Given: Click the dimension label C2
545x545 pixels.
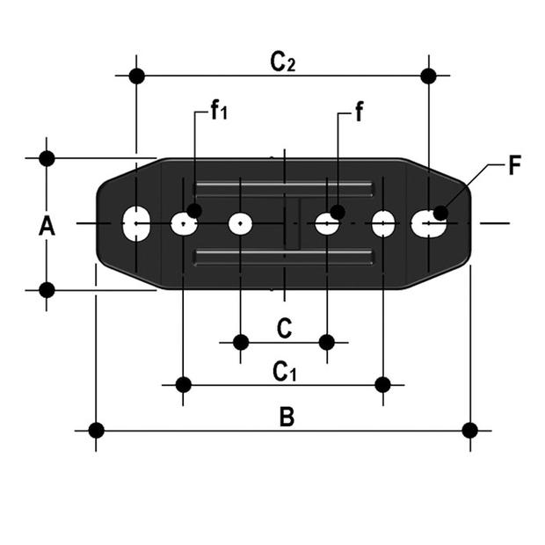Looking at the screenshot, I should pos(282,62).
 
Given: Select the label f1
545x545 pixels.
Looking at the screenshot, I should pos(218,110).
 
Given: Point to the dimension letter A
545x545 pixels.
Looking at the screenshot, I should pos(47,226).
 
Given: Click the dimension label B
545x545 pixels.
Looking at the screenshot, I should pos(287,417).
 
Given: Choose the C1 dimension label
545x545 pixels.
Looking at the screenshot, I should pos(284,372).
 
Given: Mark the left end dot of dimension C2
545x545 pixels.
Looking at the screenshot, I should pos(136,76).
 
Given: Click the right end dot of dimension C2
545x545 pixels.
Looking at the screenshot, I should pos(428,76).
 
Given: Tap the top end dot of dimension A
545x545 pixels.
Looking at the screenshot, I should pos(47,159).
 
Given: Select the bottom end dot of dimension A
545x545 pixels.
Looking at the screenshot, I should pos(47,289).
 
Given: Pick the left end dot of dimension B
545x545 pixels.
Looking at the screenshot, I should pos(96,430).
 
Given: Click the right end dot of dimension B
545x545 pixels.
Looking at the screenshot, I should pos(470,430).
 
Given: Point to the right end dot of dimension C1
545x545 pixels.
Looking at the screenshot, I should pos(382,384).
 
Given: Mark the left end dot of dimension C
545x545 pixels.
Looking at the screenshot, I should pos(241,341).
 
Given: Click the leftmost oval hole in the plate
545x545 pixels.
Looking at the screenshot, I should pos(136,223).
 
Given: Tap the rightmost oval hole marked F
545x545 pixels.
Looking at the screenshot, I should pos(428,223).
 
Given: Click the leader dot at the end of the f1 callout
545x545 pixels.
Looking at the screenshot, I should pos(194,210).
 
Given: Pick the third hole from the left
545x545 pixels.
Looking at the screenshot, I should pos(241,223).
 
